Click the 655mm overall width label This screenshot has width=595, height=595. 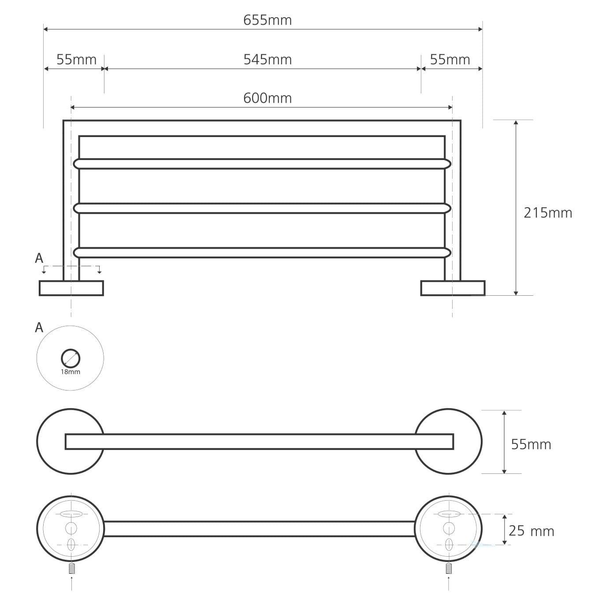coord(268,20)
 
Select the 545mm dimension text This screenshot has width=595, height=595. coord(268,59)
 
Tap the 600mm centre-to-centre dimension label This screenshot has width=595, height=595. coord(268,98)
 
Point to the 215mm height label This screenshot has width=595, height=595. coord(548,213)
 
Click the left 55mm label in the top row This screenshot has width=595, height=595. coord(77,59)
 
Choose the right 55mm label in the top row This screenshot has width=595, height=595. coord(450,59)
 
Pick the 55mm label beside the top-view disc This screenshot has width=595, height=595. coord(531,445)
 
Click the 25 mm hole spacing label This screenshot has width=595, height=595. coord(531,531)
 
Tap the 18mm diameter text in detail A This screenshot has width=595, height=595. coord(71,372)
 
